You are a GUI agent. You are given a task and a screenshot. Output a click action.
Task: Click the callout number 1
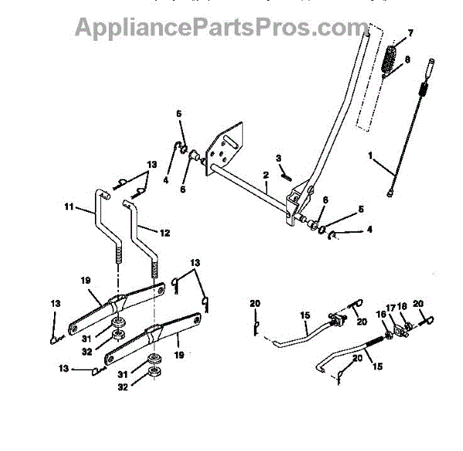(x=370, y=157)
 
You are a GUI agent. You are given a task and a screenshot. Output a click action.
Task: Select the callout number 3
(x=278, y=157)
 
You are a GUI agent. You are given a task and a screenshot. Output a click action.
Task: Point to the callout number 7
(x=410, y=33)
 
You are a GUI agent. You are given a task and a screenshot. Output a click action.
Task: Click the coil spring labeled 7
(x=391, y=61)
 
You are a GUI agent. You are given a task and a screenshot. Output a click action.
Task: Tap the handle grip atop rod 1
(x=428, y=70)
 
